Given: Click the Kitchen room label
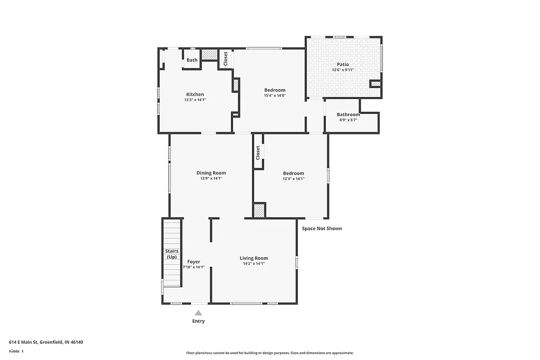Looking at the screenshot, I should pyautogui.click(x=195, y=94).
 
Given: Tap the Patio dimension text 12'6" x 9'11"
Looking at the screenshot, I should pyautogui.click(x=343, y=70).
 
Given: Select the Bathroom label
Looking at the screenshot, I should pyautogui.click(x=348, y=114).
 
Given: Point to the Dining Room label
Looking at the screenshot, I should pyautogui.click(x=211, y=173).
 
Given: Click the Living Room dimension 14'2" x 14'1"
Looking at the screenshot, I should pyautogui.click(x=254, y=264).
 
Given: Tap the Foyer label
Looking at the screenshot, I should pyautogui.click(x=194, y=261).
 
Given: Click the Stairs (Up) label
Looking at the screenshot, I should pyautogui.click(x=172, y=254).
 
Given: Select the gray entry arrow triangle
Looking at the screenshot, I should pyautogui.click(x=198, y=313).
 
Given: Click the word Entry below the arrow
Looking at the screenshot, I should pyautogui.click(x=198, y=321).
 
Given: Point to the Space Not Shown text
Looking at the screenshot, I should pyautogui.click(x=322, y=228).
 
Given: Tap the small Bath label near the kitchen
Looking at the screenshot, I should pyautogui.click(x=192, y=60).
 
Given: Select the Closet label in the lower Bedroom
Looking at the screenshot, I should pyautogui.click(x=258, y=153).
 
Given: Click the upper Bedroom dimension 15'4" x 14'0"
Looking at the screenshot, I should pyautogui.click(x=275, y=95).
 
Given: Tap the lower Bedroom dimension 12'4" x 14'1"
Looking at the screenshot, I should pyautogui.click(x=293, y=179).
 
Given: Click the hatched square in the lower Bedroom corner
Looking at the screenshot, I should pyautogui.click(x=259, y=211).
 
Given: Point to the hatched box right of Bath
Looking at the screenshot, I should pyautogui.click(x=209, y=55).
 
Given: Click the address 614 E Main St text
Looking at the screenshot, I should pyautogui.click(x=46, y=342).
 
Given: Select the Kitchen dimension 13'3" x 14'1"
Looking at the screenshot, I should pyautogui.click(x=195, y=100).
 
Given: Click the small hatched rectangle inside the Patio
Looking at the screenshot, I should pyautogui.click(x=375, y=84).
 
